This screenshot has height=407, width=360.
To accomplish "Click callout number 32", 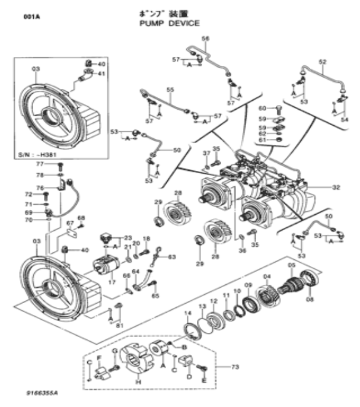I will point(336,187).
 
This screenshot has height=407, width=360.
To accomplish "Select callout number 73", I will point(235,367).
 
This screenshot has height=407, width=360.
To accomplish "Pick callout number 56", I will point(206,39).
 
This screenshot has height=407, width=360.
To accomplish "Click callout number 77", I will point(40,164).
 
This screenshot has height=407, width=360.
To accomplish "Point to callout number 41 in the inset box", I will point(101,74).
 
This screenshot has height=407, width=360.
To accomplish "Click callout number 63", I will point(172,257).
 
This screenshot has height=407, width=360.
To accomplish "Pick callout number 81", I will point(119,325).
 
